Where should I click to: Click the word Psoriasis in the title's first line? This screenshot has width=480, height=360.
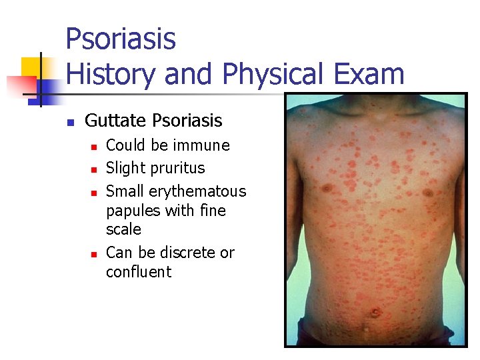pos(121,39)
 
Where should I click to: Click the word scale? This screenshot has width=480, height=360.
pos(123,229)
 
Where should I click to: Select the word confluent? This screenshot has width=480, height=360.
pos(139,272)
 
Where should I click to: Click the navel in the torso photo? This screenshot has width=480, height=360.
pos(375,311)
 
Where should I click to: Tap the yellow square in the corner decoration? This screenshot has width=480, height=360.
pos(31,67)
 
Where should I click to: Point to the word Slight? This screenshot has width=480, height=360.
pos(127,168)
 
